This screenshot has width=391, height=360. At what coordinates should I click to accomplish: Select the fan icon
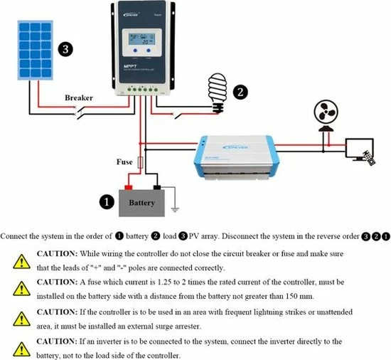326,115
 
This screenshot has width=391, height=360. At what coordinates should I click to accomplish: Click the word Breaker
79,98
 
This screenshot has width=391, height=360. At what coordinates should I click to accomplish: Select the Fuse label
124,162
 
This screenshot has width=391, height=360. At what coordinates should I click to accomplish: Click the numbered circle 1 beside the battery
106,203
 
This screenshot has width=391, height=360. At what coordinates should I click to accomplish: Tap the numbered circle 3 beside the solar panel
65,49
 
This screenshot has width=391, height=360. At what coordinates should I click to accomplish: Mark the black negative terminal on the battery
156,188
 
